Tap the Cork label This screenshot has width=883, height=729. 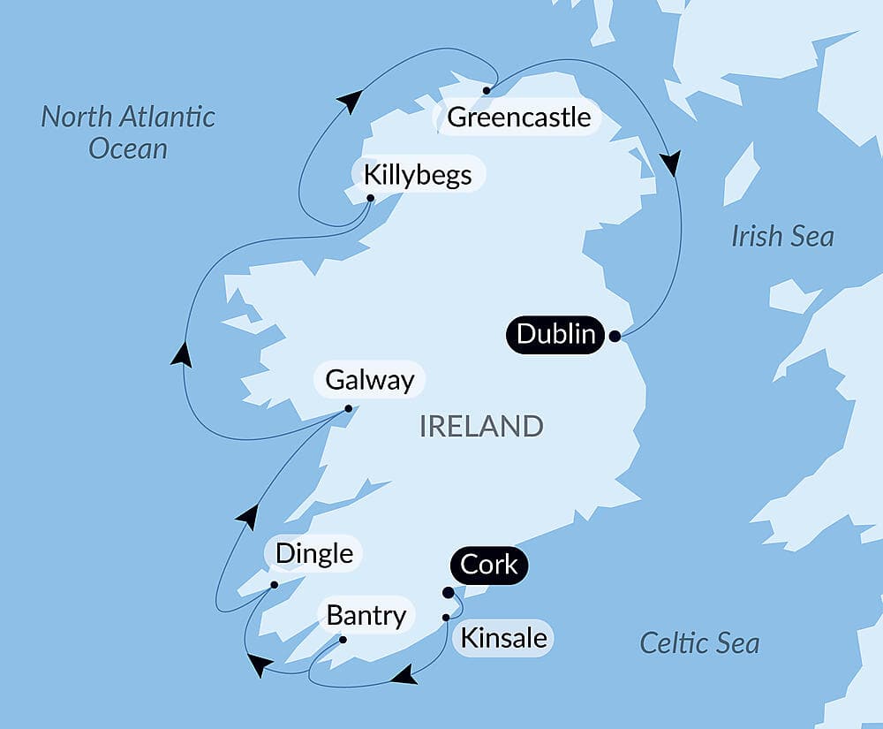(x=489, y=565)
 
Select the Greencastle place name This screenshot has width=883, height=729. (x=518, y=118)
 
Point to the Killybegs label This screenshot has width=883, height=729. (x=418, y=175)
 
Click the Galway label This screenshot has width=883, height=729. (x=369, y=381)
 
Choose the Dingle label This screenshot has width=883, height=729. (x=313, y=554)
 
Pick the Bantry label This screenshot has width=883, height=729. (x=366, y=615)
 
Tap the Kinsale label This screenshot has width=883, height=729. (x=503, y=638)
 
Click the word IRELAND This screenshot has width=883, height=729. (x=481, y=427)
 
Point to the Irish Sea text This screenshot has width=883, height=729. (x=782, y=236)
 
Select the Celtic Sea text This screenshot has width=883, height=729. (x=699, y=642)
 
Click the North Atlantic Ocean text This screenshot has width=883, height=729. (x=128, y=132)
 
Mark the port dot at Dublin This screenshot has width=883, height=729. (x=615, y=336)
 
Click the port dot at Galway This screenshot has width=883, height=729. (x=348, y=408)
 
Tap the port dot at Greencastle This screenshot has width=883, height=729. (x=486, y=90)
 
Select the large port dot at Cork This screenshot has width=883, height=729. (x=448, y=592)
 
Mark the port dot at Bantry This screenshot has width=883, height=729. (x=343, y=640)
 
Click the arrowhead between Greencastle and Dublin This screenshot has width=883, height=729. (x=671, y=163)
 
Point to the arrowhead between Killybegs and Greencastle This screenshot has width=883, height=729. (x=351, y=101)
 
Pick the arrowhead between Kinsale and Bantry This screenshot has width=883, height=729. (x=404, y=676)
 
